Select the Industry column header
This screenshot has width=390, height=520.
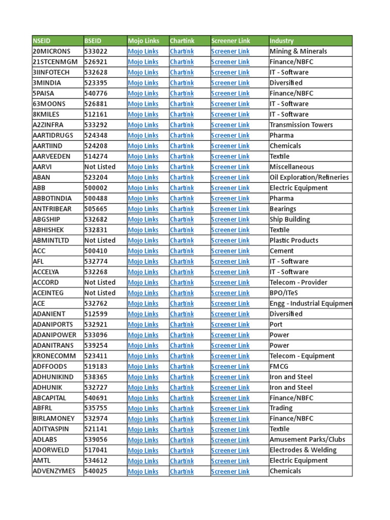(x=281, y=41)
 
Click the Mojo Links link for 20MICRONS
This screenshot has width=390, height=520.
(x=143, y=51)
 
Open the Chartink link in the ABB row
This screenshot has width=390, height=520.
(x=182, y=188)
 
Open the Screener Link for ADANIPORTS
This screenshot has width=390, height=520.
(x=231, y=324)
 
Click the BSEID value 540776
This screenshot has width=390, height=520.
(x=96, y=93)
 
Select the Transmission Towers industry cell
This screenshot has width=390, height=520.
(x=301, y=125)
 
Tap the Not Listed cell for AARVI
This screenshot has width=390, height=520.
(x=100, y=167)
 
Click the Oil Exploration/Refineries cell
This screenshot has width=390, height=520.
(x=309, y=177)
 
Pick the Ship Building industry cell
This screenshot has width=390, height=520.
(x=289, y=219)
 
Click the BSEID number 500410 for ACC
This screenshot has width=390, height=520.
(x=96, y=251)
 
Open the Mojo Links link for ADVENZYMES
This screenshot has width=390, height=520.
(x=143, y=471)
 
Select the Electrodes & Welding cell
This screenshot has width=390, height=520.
(x=303, y=450)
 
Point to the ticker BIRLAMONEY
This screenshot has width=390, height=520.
(x=53, y=419)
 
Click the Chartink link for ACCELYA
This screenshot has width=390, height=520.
(x=182, y=272)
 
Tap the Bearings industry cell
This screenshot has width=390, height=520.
(x=283, y=209)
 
